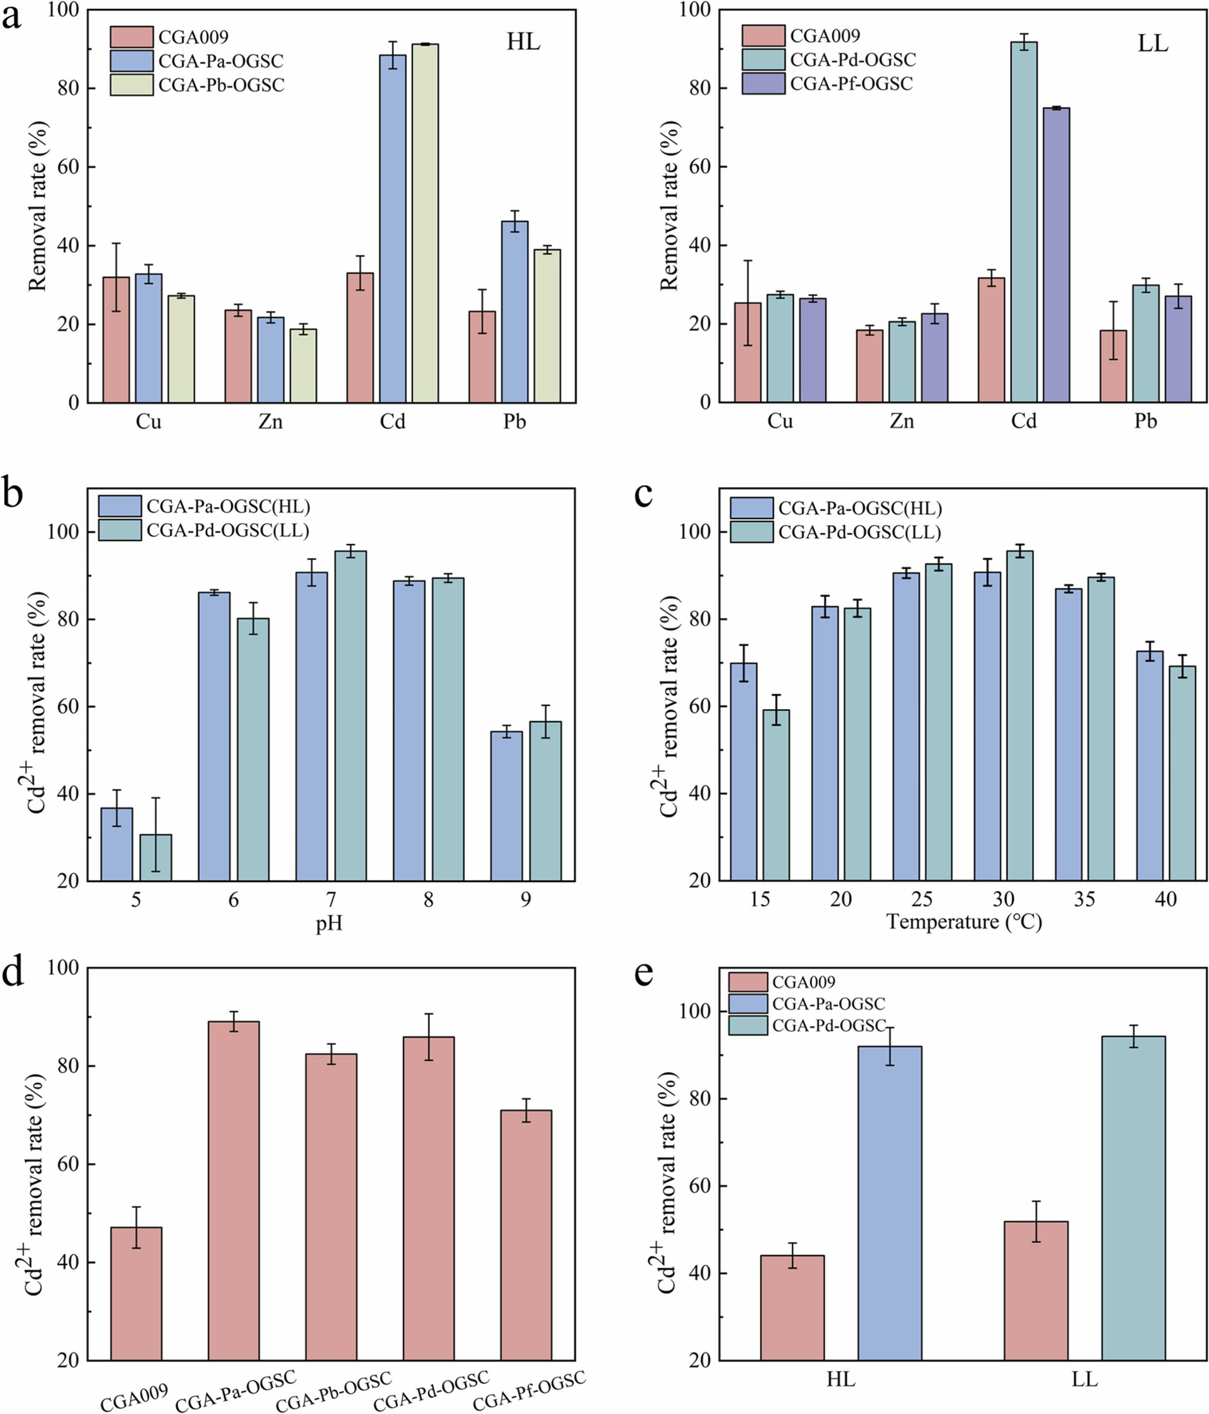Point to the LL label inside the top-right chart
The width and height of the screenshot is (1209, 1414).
pyautogui.click(x=1152, y=44)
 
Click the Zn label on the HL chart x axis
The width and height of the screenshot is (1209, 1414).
pyautogui.click(x=270, y=422)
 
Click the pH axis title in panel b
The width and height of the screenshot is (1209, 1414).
pyautogui.click(x=329, y=924)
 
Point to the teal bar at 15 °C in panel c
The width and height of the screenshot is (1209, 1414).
pyautogui.click(x=776, y=795)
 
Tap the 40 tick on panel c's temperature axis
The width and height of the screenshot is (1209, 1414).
pyautogui.click(x=1165, y=900)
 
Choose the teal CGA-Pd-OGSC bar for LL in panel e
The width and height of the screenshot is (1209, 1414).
pyautogui.click(x=1133, y=1198)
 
